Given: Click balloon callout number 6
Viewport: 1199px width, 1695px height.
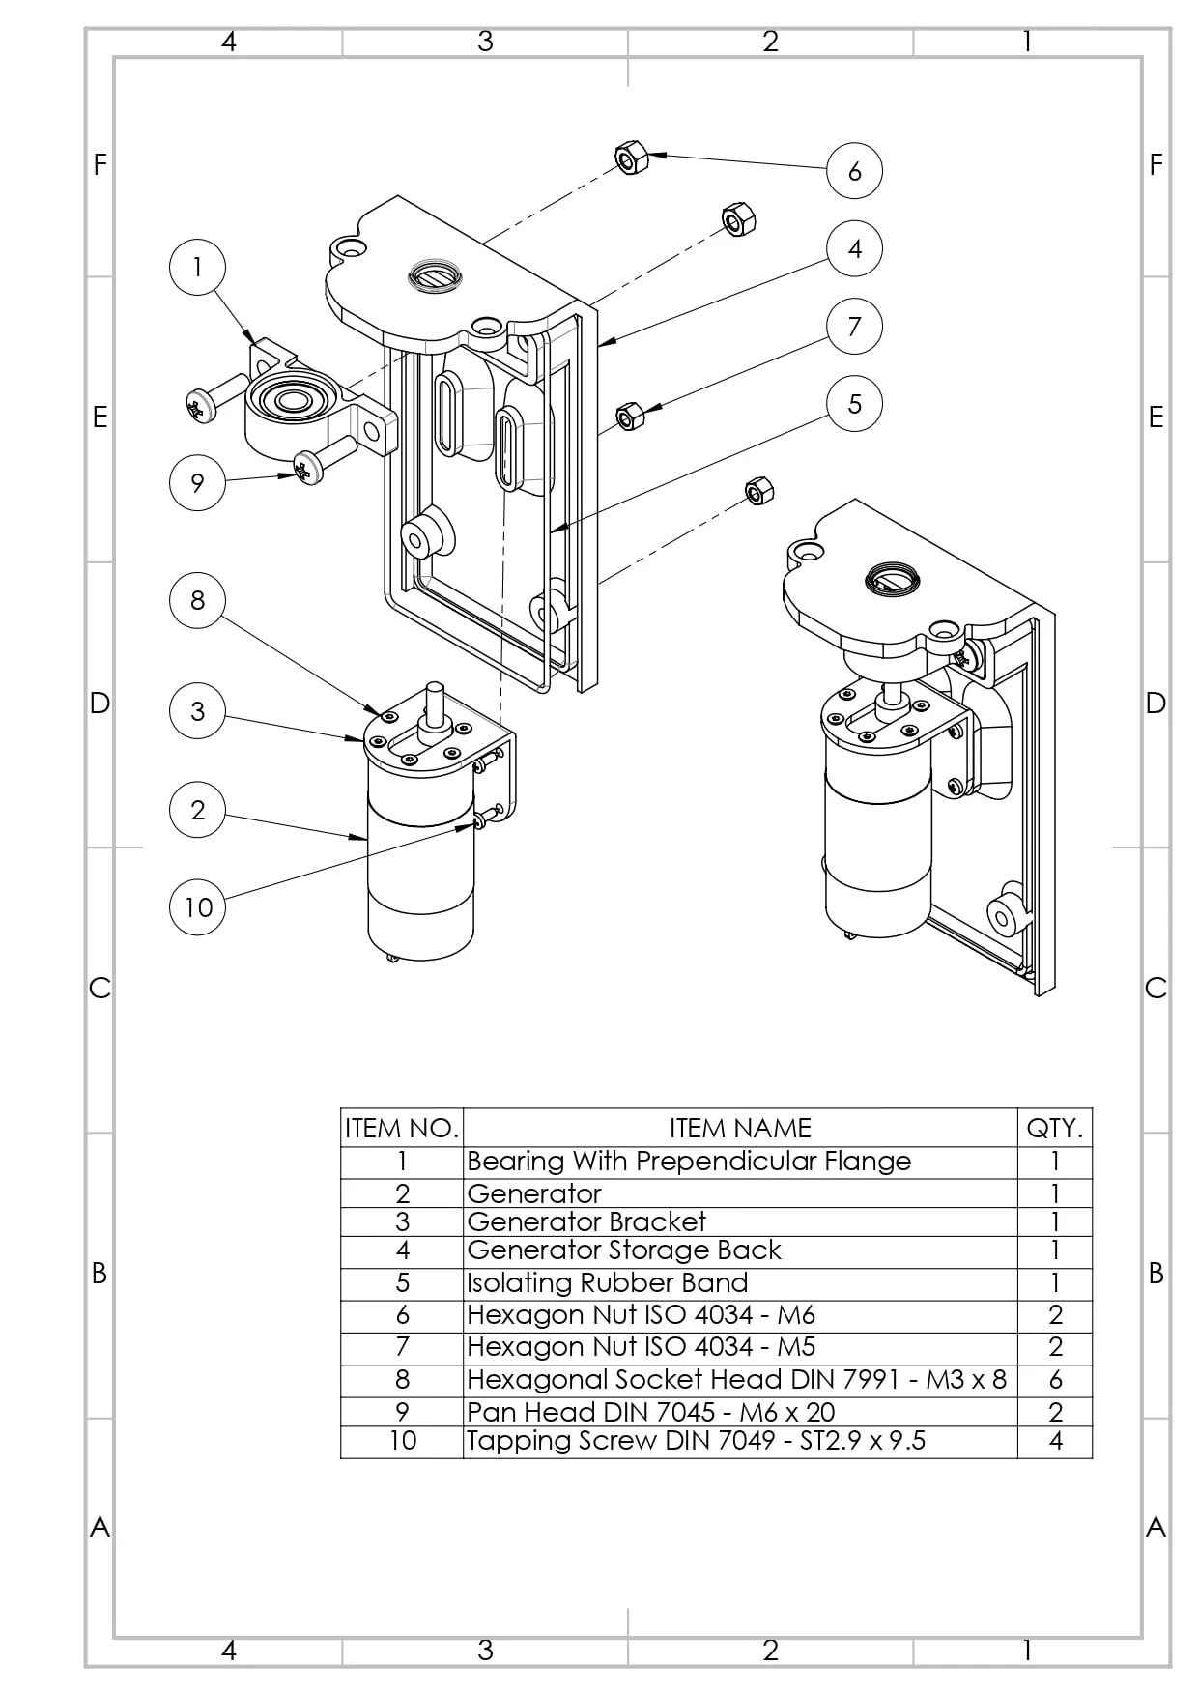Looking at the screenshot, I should click(854, 171).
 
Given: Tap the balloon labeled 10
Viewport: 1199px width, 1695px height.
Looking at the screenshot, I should click(197, 906).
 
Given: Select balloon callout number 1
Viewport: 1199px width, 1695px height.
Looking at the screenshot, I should click(197, 267).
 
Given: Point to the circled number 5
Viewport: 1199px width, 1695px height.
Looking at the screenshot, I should click(854, 403).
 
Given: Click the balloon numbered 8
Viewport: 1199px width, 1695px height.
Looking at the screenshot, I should click(197, 600).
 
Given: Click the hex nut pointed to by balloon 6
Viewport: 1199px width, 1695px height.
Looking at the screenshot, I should click(630, 157).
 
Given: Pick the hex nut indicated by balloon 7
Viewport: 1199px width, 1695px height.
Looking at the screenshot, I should click(630, 416).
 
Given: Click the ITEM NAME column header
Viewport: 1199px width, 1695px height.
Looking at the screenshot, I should click(739, 1128).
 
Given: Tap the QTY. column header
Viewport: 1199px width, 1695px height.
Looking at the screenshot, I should click(1054, 1128).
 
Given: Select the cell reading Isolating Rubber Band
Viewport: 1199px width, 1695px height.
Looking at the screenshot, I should click(607, 1282).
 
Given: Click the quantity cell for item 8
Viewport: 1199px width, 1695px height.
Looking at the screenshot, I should click(1054, 1379).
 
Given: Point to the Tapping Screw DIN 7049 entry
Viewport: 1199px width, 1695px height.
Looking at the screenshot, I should click(696, 1441).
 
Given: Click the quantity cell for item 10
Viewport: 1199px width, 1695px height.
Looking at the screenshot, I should click(1054, 1441).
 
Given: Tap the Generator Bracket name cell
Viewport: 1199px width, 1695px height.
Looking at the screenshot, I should click(585, 1221).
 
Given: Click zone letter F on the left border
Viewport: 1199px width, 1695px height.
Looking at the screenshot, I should click(100, 165).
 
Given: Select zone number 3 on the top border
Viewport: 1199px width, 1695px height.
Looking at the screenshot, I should click(485, 42).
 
